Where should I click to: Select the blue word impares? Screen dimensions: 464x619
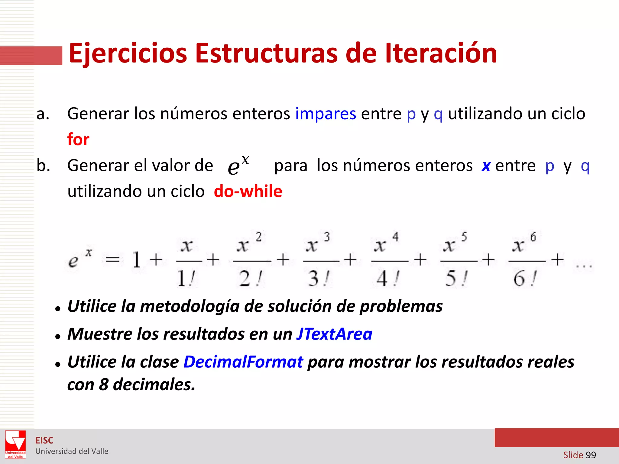pos(326,114)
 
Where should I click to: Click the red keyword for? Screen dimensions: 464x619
pos(78,140)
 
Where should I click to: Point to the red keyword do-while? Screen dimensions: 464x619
pos(248,192)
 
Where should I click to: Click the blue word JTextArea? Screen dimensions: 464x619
pos(334,334)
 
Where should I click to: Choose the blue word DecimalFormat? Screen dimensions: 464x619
pos(243,362)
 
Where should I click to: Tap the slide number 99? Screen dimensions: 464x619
pos(591,455)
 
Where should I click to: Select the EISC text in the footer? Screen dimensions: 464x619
pos(44,440)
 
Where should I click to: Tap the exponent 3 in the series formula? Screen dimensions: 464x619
pos(327,237)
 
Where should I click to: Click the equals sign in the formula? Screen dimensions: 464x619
pos(112,259)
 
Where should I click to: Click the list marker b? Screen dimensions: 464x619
pos(43,166)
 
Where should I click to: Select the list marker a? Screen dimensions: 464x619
pos(43,114)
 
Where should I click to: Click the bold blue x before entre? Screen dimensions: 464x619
pos(486,166)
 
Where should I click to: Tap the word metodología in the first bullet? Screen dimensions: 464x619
pos(190,306)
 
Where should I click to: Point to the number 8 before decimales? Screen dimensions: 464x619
pos(104,385)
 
